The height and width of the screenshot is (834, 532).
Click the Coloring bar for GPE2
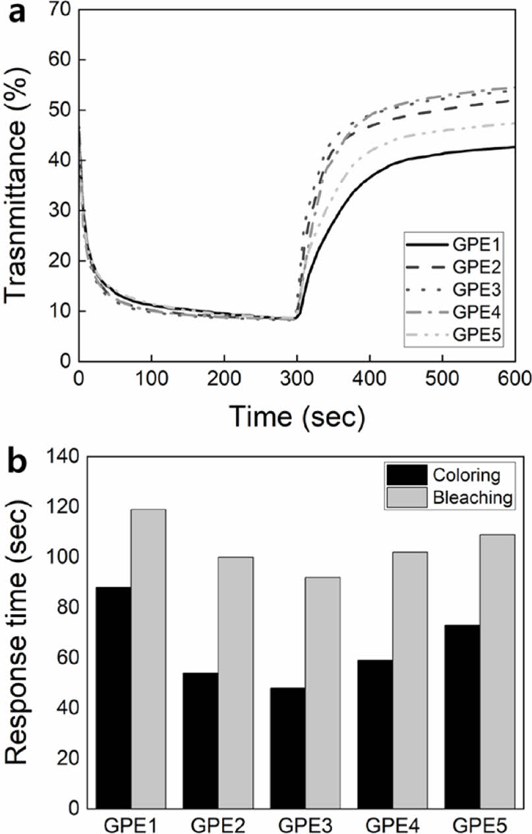tap(201, 740)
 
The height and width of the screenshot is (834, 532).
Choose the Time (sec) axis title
tap(296, 416)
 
